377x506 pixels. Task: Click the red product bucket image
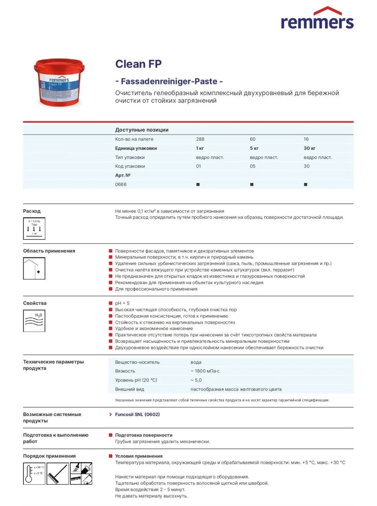[59, 82]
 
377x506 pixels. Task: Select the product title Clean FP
[138, 64]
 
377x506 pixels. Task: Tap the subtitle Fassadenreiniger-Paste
[169, 81]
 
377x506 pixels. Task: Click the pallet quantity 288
[200, 139]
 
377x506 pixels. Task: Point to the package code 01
[198, 166]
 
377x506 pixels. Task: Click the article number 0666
[121, 184]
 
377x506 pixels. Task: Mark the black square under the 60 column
[252, 184]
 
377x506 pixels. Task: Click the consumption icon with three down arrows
[34, 229]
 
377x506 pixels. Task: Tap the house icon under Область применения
[34, 268]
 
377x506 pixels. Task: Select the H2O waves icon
[34, 321]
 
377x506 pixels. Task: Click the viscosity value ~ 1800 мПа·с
[205, 371]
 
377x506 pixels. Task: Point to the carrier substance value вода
[196, 362]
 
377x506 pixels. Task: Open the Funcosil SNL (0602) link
[137, 414]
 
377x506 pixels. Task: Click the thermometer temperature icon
[34, 473]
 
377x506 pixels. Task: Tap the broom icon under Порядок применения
[57, 473]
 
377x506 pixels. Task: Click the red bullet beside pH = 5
[110, 303]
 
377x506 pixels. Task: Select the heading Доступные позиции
[142, 130]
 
